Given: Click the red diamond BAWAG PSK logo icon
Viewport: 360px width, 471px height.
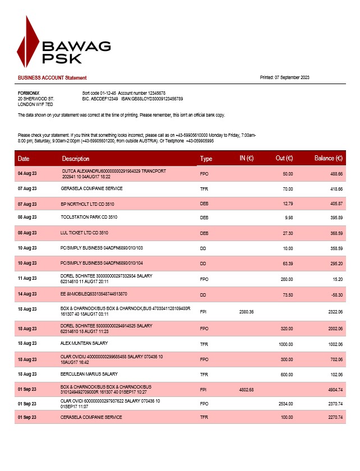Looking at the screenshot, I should pyautogui.click(x=28, y=43).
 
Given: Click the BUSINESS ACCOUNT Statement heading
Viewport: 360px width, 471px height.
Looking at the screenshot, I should pyautogui.click(x=52, y=78).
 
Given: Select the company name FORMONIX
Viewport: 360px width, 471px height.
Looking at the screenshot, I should pyautogui.click(x=29, y=93).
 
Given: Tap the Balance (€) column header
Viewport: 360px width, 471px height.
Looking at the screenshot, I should pyautogui.click(x=328, y=159).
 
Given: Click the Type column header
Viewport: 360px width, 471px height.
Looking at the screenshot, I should pyautogui.click(x=206, y=159).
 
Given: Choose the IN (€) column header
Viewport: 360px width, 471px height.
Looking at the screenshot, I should pyautogui.click(x=247, y=159).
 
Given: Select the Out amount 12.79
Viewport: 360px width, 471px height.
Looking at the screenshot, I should pyautogui.click(x=287, y=204).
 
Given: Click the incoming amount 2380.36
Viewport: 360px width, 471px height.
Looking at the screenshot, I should pyautogui.click(x=246, y=311).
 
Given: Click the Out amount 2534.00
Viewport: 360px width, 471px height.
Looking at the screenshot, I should pyautogui.click(x=285, y=404).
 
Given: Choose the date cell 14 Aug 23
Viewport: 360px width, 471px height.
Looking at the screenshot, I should pyautogui.click(x=27, y=294).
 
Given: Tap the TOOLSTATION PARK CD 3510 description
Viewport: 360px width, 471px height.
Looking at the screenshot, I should pyautogui.click(x=89, y=217).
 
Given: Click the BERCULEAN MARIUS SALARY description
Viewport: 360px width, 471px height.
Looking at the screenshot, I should pyautogui.click(x=89, y=374).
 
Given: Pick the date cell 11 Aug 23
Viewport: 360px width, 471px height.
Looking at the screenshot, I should pyautogui.click(x=27, y=278).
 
